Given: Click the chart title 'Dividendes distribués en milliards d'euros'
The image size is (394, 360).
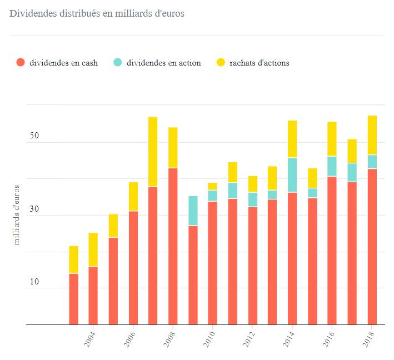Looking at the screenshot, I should (97, 13).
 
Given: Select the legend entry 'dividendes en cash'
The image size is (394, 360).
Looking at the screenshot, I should (63, 63).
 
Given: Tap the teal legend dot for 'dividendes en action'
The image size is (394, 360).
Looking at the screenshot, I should (117, 63).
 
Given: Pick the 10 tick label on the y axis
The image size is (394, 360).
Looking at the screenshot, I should (18, 282).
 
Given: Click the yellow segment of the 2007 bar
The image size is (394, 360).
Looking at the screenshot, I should (153, 152).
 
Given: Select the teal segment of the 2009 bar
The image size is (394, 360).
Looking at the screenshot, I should (193, 211).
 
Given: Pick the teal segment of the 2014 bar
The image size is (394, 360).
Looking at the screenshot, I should (292, 175).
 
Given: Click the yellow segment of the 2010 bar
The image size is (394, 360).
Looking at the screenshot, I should (213, 186).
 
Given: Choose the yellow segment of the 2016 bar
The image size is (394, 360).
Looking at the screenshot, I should (332, 139).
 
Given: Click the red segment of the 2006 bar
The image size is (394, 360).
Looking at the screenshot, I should (133, 267).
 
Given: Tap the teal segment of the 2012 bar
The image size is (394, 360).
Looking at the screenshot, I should (252, 199).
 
